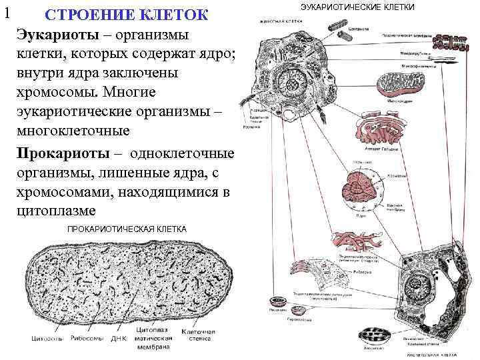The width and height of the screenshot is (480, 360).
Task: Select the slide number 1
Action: point(7,11)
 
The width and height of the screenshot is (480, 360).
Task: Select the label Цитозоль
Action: point(47,338)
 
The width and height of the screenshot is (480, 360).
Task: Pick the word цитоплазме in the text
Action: point(55,211)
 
